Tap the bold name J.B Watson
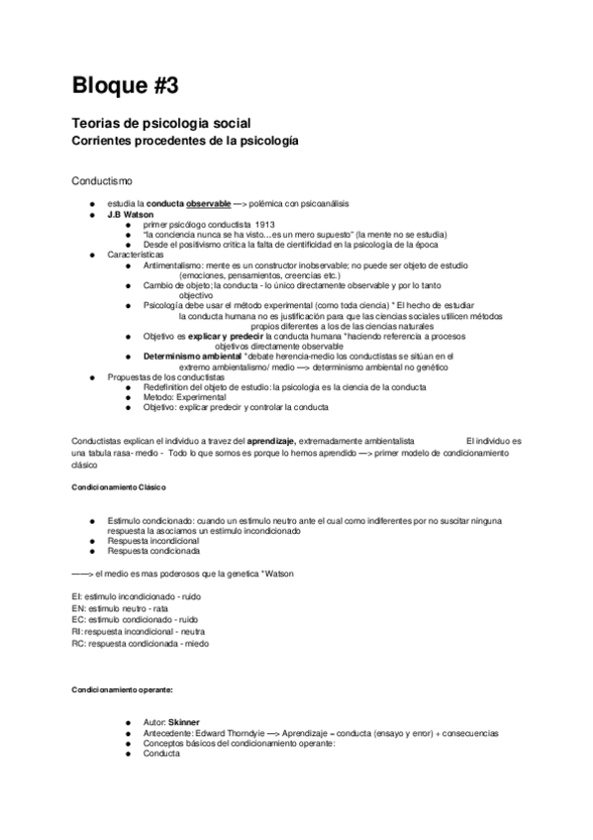coord(132,214)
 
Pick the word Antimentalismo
coord(176,265)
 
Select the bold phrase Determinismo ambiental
coord(191,356)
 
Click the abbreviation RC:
coord(79,643)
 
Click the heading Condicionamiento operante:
coord(122,688)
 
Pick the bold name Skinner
coord(185,723)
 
